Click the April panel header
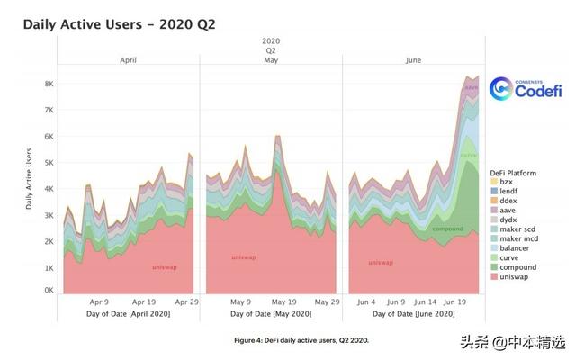tap(128, 60)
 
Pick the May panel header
tap(271, 60)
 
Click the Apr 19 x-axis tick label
tap(144, 302)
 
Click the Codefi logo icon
tap(502, 88)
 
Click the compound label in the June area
tap(446, 229)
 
